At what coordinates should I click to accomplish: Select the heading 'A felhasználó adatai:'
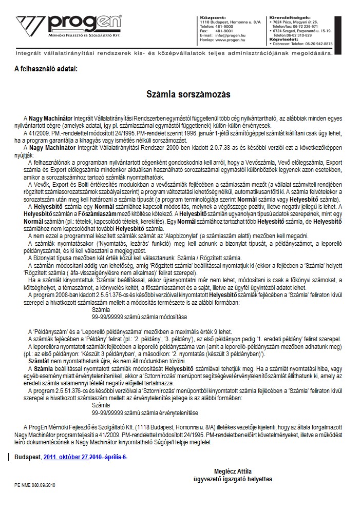click(47, 68)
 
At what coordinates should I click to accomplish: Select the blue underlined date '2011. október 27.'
click(67, 457)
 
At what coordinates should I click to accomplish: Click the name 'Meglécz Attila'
click(233, 471)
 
